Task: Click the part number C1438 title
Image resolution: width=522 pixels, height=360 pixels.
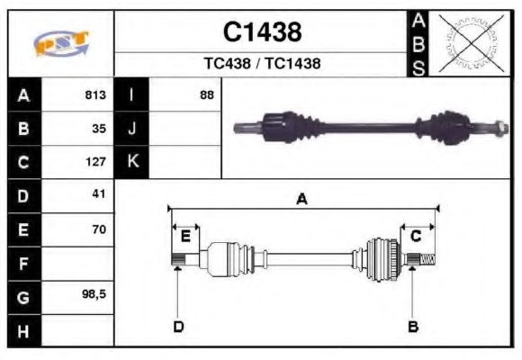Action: click(262, 33)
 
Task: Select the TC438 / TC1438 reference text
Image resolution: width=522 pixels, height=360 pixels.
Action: click(262, 64)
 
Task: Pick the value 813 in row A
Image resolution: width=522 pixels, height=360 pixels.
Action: click(95, 94)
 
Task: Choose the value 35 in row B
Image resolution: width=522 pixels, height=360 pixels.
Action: click(99, 128)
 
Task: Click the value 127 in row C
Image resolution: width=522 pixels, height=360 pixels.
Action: click(95, 162)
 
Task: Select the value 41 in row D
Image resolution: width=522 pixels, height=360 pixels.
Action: click(99, 194)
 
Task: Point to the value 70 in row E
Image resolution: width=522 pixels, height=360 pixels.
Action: click(99, 229)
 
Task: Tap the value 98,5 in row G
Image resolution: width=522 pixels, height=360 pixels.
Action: click(94, 295)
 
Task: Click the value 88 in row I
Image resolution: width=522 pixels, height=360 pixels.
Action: click(207, 94)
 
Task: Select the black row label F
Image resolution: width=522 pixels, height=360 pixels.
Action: click(23, 264)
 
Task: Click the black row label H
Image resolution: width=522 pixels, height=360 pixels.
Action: click(23, 330)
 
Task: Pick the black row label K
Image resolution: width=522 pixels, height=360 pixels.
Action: click(132, 162)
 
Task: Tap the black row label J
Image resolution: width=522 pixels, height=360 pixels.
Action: click(132, 128)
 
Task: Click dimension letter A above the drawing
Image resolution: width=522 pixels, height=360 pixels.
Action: click(302, 200)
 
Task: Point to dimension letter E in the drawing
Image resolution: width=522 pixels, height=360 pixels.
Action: click(185, 236)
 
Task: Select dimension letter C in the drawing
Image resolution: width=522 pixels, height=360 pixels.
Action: click(416, 236)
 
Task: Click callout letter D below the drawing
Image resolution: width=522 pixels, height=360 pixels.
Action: click(178, 327)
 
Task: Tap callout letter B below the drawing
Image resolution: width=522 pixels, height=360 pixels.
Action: click(413, 327)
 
